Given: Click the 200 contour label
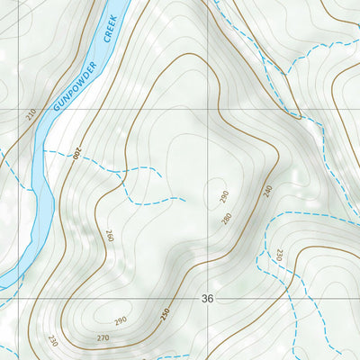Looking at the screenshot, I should click(78, 156).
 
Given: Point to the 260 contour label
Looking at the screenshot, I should click(110, 237).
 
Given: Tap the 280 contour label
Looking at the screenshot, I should click(227, 218).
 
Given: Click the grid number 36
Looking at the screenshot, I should click(209, 298).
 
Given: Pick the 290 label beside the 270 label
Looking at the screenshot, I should click(121, 320).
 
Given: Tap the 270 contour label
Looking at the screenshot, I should click(103, 338).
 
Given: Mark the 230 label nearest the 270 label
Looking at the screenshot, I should click(53, 340).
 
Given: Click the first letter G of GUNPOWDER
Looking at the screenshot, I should click(56, 108).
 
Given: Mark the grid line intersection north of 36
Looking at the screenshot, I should click(209, 110).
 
